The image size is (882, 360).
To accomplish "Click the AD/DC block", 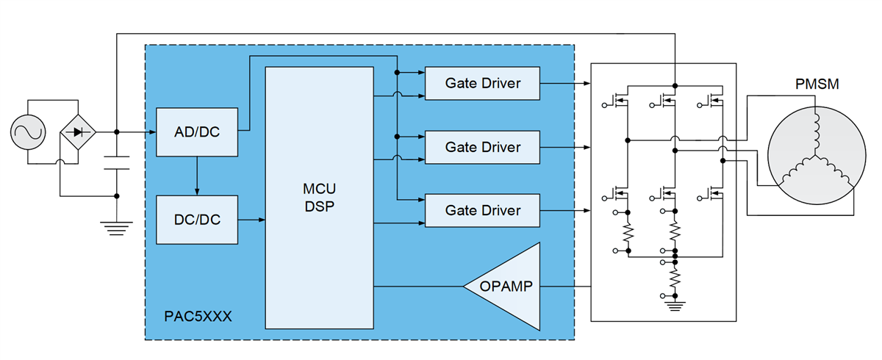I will [x=197, y=132].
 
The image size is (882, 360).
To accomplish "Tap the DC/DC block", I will [x=197, y=220].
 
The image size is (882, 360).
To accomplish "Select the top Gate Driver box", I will [x=482, y=83].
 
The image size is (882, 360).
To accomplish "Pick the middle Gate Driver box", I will [x=482, y=147].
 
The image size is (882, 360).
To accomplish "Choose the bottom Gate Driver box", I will [x=482, y=210].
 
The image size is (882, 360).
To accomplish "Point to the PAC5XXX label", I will [x=196, y=317].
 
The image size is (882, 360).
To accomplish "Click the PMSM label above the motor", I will [x=817, y=85].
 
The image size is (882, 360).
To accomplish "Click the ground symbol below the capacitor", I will [x=116, y=228].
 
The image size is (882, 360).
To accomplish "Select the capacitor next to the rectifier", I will [x=116, y=162].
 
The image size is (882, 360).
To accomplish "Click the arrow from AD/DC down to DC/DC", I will [x=197, y=176].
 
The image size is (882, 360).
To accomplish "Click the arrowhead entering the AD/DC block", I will [x=151, y=132].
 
